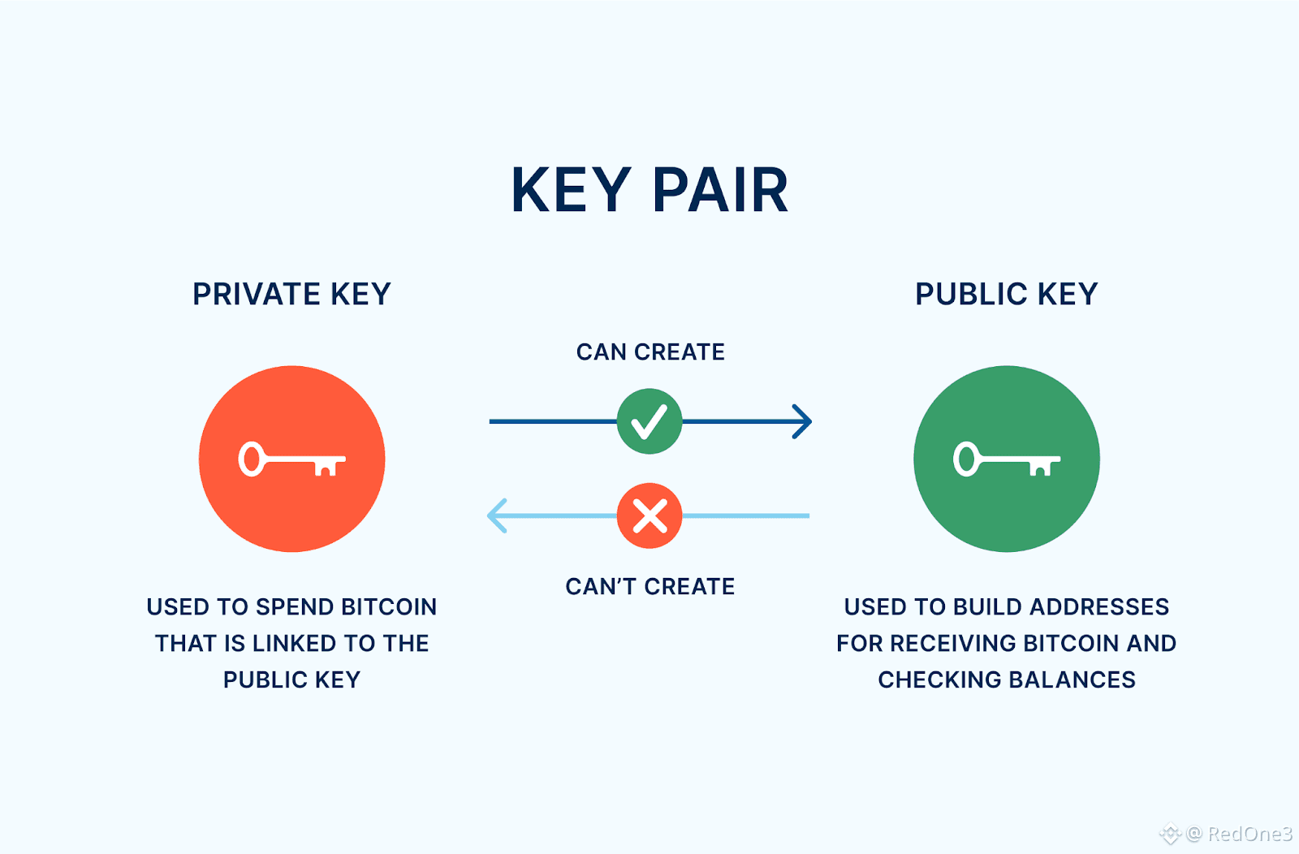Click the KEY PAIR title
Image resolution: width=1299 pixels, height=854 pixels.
pyautogui.click(x=649, y=191)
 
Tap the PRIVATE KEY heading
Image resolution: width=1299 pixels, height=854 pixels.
pyautogui.click(x=291, y=294)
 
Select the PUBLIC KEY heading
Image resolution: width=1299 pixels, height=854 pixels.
pyautogui.click(x=1006, y=294)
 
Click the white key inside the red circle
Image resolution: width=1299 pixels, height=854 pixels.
pyautogui.click(x=291, y=459)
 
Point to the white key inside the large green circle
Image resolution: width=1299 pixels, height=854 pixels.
pyautogui.click(x=1006, y=459)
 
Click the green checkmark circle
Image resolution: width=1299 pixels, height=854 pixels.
pyautogui.click(x=649, y=421)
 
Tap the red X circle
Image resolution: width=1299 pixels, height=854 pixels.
pyautogui.click(x=649, y=515)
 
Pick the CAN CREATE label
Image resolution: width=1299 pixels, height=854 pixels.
pyautogui.click(x=650, y=352)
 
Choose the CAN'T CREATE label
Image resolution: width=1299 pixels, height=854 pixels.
pyautogui.click(x=649, y=586)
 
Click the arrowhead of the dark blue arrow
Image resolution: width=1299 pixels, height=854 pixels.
pyautogui.click(x=802, y=421)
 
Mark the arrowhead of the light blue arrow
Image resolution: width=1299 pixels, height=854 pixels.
pyautogui.click(x=496, y=515)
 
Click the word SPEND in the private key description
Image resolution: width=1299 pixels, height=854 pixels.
pyautogui.click(x=294, y=607)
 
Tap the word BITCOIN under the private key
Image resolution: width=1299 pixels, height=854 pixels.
pyautogui.click(x=388, y=607)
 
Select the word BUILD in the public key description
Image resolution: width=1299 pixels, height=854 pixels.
pyautogui.click(x=988, y=607)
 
